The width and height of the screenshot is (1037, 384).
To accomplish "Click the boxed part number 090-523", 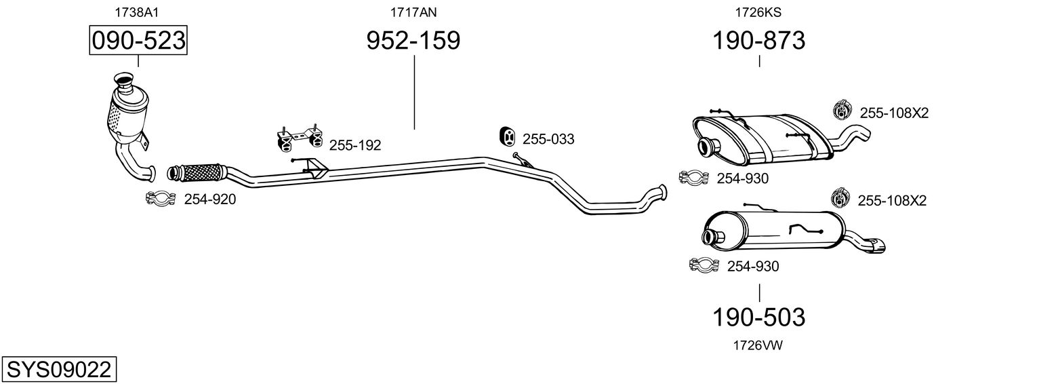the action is click(138, 40).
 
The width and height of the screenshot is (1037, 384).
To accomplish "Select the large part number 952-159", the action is click(413, 40).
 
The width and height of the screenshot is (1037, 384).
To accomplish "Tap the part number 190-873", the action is click(758, 40).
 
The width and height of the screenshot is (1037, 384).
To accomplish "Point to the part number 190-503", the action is click(758, 318).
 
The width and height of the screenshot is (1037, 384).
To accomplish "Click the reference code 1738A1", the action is click(136, 12).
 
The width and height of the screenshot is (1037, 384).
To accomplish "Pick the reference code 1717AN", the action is click(413, 12).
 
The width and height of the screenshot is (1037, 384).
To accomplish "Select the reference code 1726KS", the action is click(758, 12).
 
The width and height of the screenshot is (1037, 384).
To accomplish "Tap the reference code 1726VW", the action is click(758, 345).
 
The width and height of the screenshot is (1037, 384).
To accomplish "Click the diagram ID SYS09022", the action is click(59, 370).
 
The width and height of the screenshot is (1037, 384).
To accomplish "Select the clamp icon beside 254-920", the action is click(161, 199).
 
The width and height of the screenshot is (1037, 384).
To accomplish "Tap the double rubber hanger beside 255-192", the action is click(300, 138).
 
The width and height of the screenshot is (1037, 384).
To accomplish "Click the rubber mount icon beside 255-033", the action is click(508, 136).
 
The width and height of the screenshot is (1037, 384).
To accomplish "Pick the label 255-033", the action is click(548, 139).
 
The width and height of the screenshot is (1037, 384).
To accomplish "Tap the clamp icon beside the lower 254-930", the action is click(704, 265).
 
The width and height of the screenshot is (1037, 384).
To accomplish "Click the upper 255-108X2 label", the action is click(894, 113).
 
